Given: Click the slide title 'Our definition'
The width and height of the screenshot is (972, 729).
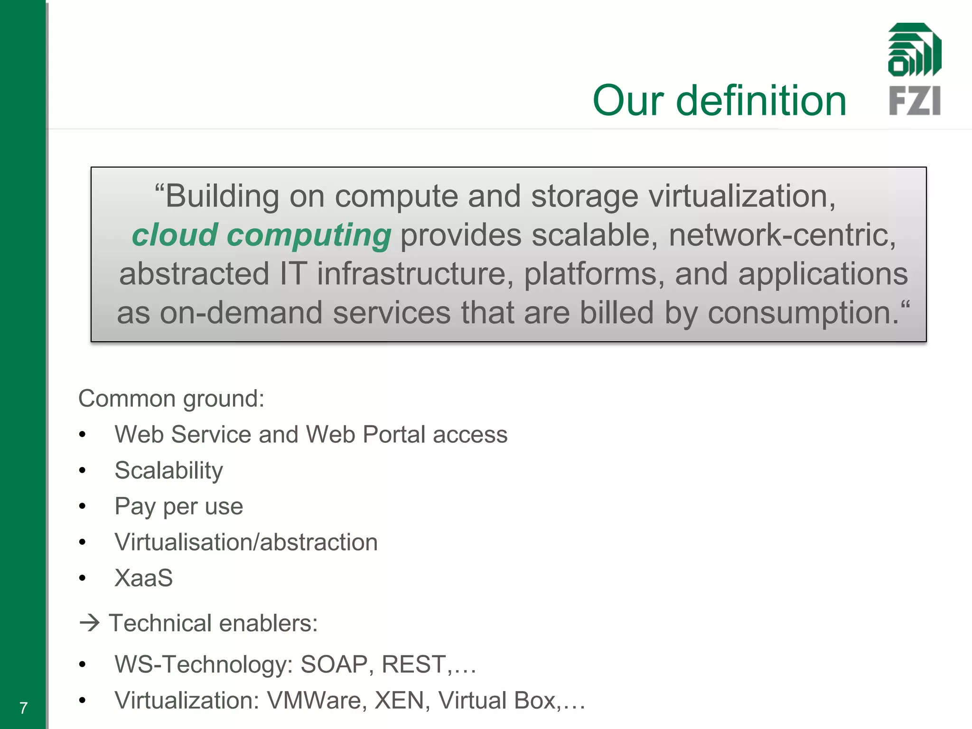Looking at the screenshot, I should pos(719,101).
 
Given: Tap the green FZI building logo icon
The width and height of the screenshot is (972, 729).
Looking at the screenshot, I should pos(914,50).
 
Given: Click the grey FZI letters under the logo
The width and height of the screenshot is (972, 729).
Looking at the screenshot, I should pos(914,101).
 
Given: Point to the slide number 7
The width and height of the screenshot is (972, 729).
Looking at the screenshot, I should pos(23,708).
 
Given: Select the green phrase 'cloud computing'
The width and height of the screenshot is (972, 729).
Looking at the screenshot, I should pos(262,235).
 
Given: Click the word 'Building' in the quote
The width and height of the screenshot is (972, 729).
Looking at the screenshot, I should pos(222,196).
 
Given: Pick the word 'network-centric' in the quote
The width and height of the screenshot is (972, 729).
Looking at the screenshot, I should pos(782,235).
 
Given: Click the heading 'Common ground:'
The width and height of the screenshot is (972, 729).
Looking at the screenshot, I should pos(171,399).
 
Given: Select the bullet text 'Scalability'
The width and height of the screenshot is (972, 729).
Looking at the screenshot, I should pos(169,471).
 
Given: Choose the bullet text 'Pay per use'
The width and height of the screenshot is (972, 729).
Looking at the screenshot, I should pos(179,506).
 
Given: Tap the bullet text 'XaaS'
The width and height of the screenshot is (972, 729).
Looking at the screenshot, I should pos(144,578).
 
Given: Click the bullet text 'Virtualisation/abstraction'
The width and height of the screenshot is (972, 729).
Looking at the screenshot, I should pos(246,542).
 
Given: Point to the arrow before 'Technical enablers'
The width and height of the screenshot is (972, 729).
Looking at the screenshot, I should pos(89,623).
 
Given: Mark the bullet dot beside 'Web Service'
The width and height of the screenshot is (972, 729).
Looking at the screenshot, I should pos(83,435).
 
